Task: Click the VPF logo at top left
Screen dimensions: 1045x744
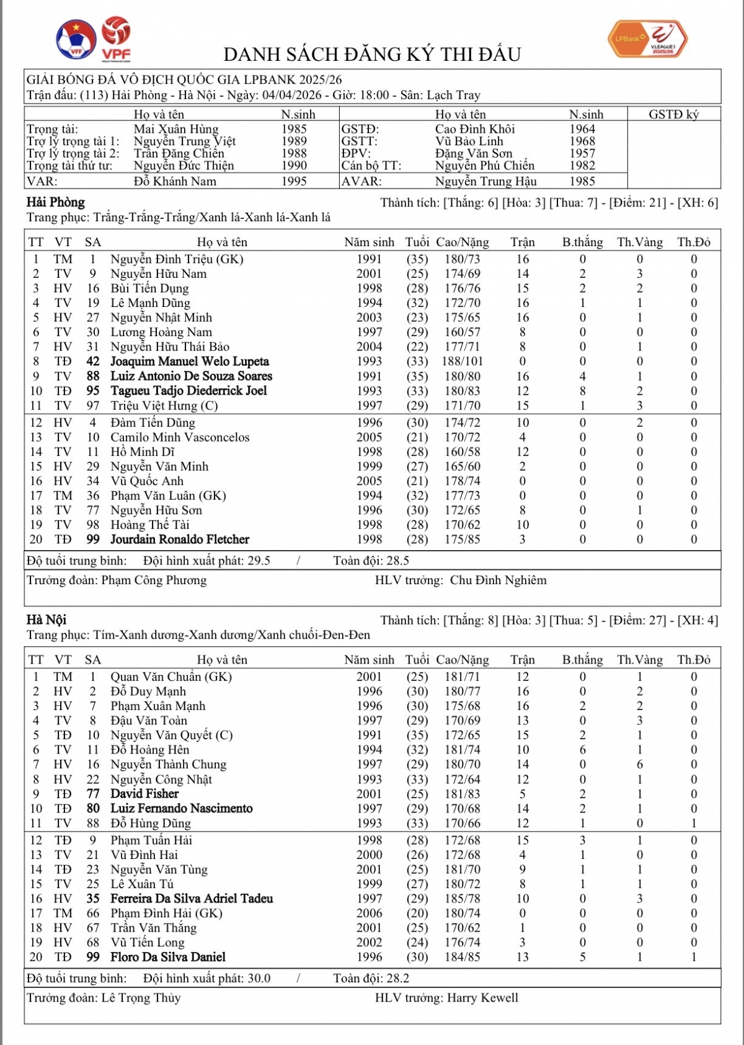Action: pyautogui.click(x=116, y=39)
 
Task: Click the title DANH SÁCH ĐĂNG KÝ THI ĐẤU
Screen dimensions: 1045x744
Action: pyautogui.click(x=372, y=55)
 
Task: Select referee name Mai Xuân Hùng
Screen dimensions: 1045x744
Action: pyautogui.click(x=176, y=129)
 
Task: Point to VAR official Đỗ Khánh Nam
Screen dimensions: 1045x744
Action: pyautogui.click(x=175, y=182)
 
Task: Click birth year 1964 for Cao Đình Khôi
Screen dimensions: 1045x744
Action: pyautogui.click(x=582, y=129)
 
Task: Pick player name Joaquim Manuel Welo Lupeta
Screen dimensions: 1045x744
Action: pyautogui.click(x=190, y=362)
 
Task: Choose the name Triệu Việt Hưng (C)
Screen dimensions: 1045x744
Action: pyautogui.click(x=164, y=406)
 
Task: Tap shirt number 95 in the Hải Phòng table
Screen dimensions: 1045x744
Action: pyautogui.click(x=93, y=391)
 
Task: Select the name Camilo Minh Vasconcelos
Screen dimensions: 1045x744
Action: pyautogui.click(x=180, y=437)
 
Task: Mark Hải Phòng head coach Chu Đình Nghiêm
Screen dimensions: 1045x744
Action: pyautogui.click(x=498, y=580)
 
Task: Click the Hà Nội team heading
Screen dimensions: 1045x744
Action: pyautogui.click(x=46, y=620)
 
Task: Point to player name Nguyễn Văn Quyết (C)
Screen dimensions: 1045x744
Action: pyautogui.click(x=172, y=736)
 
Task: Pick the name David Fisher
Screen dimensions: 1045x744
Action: pyautogui.click(x=144, y=794)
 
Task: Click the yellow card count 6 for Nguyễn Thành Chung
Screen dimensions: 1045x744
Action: pyautogui.click(x=640, y=765)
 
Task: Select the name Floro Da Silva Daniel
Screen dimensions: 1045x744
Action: pyautogui.click(x=168, y=957)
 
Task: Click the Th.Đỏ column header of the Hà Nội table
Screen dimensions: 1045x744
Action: pyautogui.click(x=694, y=660)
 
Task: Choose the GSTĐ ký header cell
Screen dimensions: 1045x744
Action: pyautogui.click(x=673, y=115)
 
